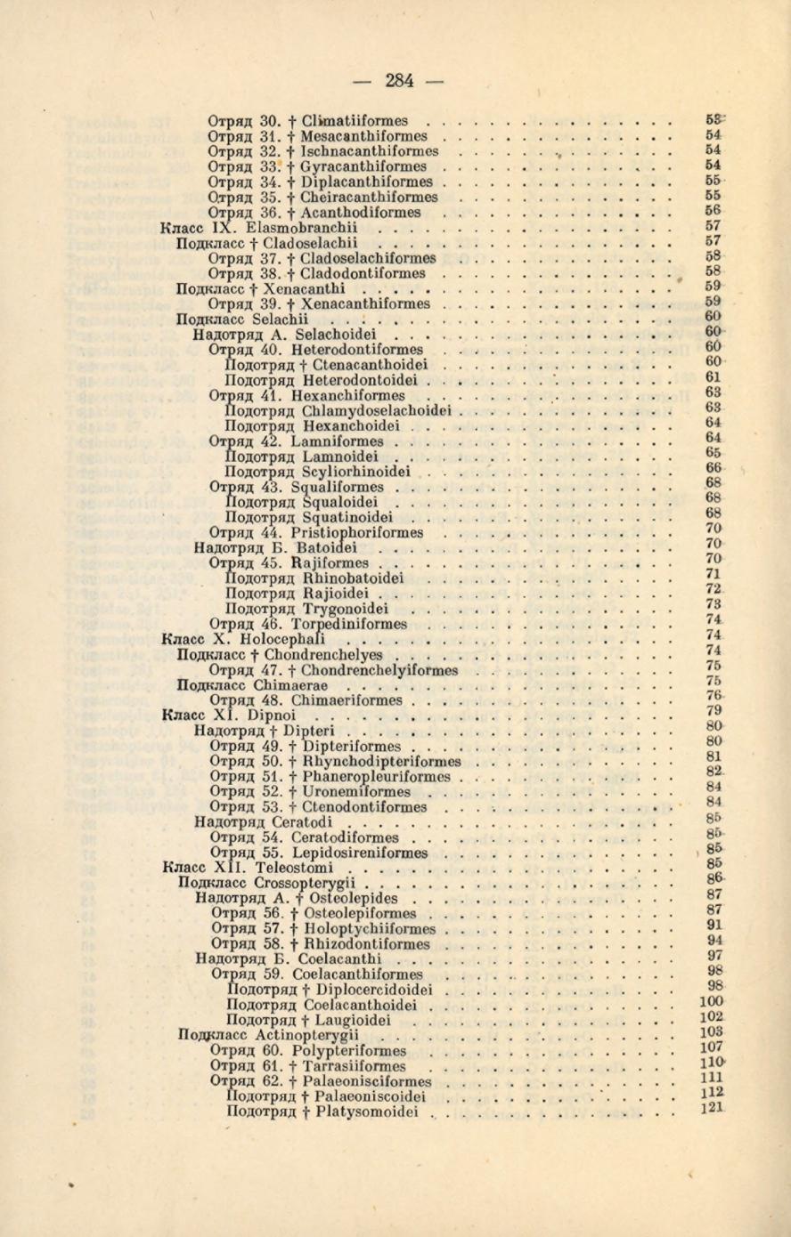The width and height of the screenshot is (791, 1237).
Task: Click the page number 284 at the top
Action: [399, 81]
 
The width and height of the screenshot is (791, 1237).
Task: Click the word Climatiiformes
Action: [355, 121]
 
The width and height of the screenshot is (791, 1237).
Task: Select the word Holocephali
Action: [289, 640]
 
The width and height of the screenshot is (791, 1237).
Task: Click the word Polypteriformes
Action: [354, 1052]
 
